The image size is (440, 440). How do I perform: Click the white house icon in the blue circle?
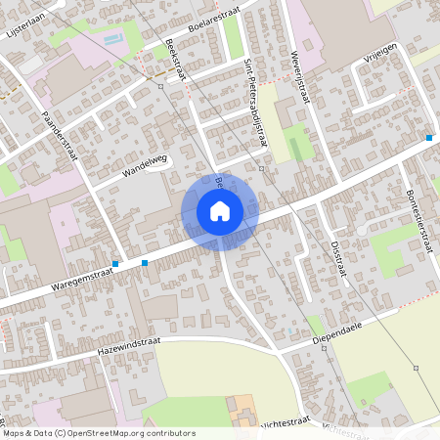(x=220, y=211)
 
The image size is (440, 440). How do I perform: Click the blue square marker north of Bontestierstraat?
(x=429, y=138)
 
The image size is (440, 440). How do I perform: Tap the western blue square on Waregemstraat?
(x=115, y=264)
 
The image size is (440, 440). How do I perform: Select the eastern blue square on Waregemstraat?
(x=145, y=262)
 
